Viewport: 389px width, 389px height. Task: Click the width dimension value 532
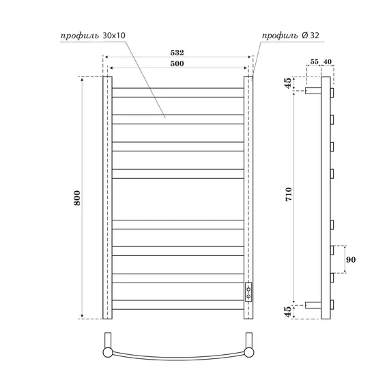(x=176, y=52)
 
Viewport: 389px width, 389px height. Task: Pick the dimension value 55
(x=315, y=62)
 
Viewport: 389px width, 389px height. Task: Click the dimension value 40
(x=328, y=62)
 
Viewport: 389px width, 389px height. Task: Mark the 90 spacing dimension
(x=351, y=260)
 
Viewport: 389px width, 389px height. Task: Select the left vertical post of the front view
(x=106, y=197)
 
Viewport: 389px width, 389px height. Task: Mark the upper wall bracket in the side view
(x=313, y=90)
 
